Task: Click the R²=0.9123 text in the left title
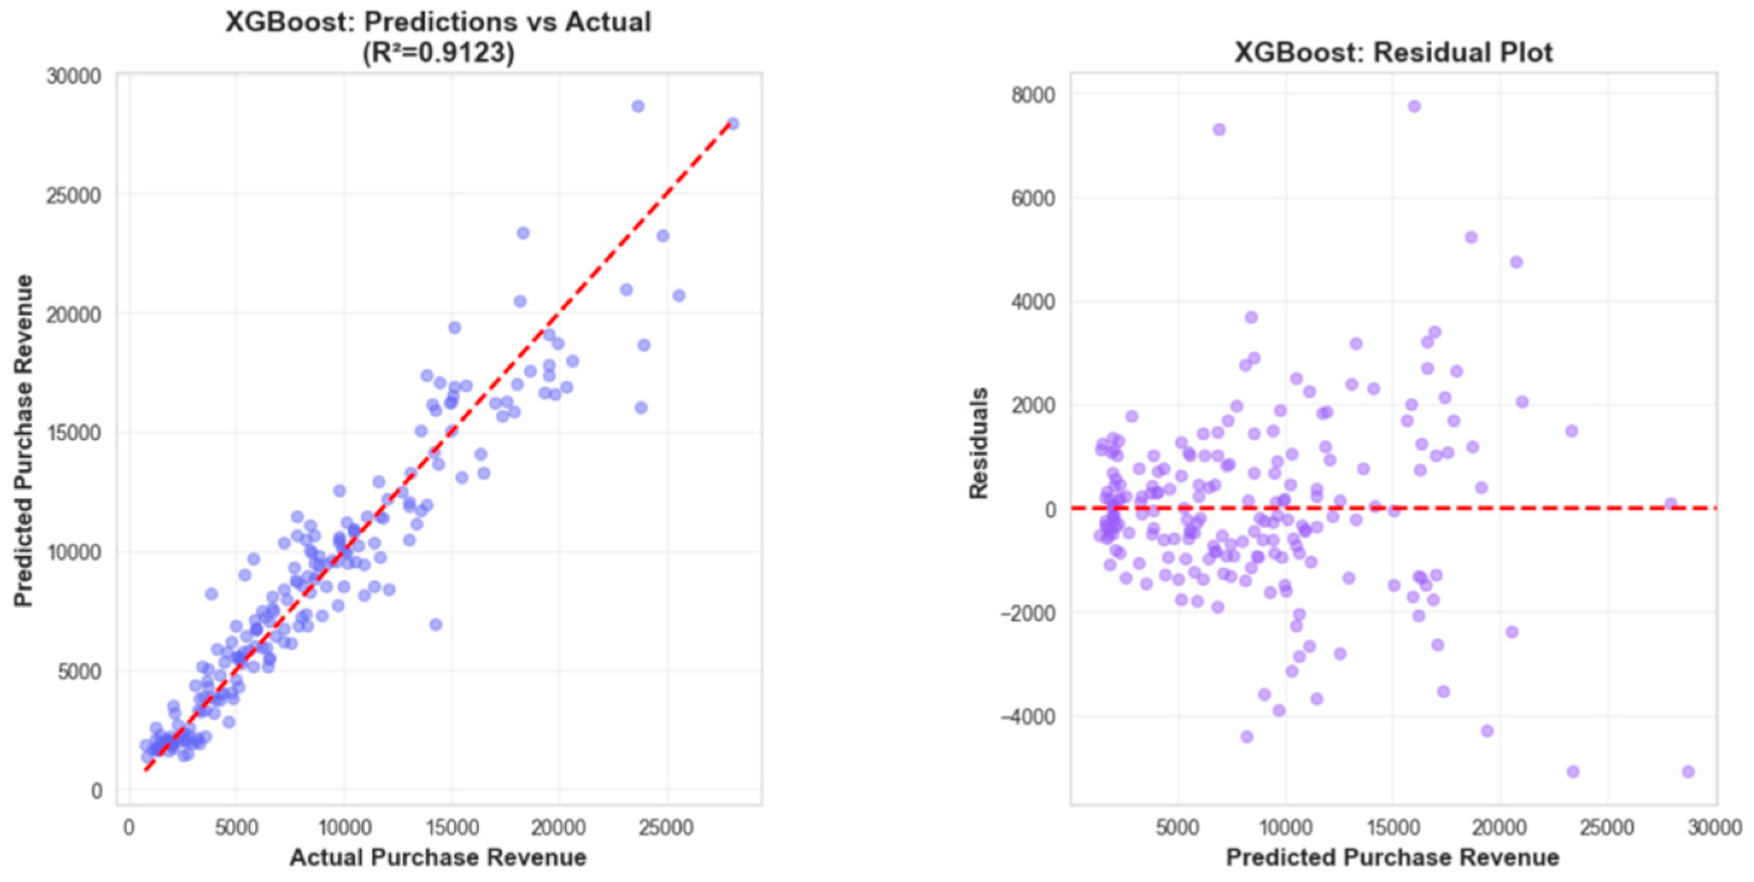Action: pyautogui.click(x=439, y=53)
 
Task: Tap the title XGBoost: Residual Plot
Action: pyautogui.click(x=1393, y=52)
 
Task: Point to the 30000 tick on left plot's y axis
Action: pyautogui.click(x=74, y=77)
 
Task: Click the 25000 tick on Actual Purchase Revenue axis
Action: pyautogui.click(x=666, y=828)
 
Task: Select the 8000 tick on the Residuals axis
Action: pyautogui.click(x=1033, y=95)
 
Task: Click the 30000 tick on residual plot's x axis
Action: pyautogui.click(x=1715, y=828)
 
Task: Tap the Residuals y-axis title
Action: pyautogui.click(x=978, y=443)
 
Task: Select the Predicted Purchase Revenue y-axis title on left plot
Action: pyautogui.click(x=24, y=441)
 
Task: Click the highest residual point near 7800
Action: pyautogui.click(x=1414, y=106)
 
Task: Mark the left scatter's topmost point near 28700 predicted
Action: pyautogui.click(x=638, y=106)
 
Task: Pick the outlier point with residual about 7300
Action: pyautogui.click(x=1219, y=130)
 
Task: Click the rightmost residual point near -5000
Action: pyautogui.click(x=1688, y=772)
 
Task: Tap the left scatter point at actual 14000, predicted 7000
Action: pyautogui.click(x=436, y=625)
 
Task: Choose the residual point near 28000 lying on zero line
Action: pyautogui.click(x=1670, y=504)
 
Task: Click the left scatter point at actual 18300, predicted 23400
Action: pyautogui.click(x=523, y=233)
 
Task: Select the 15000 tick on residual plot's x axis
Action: pyautogui.click(x=1392, y=828)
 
